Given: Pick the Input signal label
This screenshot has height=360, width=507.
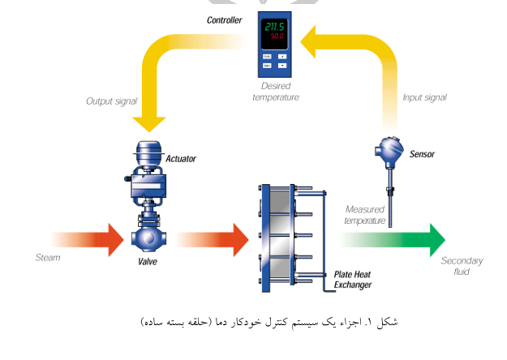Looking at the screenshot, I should tap(424, 97).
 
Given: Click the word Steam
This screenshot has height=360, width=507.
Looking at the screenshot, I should tap(47, 258).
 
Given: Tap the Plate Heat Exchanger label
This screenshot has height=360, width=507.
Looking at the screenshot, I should tap(353, 280).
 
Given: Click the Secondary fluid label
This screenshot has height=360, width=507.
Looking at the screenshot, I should tap(462, 266).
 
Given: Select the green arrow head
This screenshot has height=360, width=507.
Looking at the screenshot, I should tap(436, 239).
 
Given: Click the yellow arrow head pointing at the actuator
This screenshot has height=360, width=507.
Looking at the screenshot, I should tap(148, 121).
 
